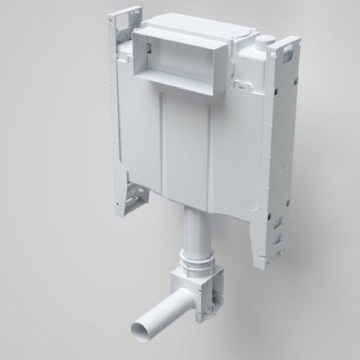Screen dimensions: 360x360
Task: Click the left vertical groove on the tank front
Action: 160,142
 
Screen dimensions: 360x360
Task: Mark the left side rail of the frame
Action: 120,112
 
